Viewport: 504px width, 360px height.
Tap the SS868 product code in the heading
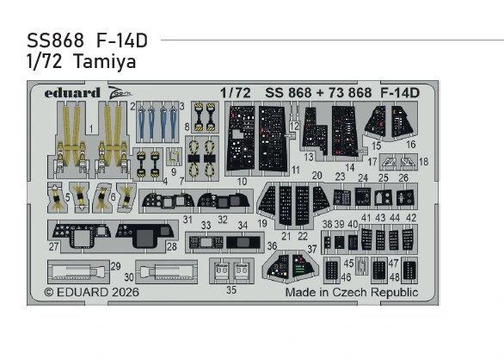(x=51, y=41)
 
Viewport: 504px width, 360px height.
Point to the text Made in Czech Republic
(x=352, y=293)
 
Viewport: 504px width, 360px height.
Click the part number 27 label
(x=53, y=247)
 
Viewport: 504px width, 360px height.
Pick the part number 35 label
(x=230, y=290)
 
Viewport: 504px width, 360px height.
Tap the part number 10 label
(x=243, y=182)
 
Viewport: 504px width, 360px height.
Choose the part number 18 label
(x=423, y=162)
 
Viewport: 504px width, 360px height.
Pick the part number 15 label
(x=376, y=146)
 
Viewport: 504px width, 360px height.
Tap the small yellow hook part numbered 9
(x=174, y=156)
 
